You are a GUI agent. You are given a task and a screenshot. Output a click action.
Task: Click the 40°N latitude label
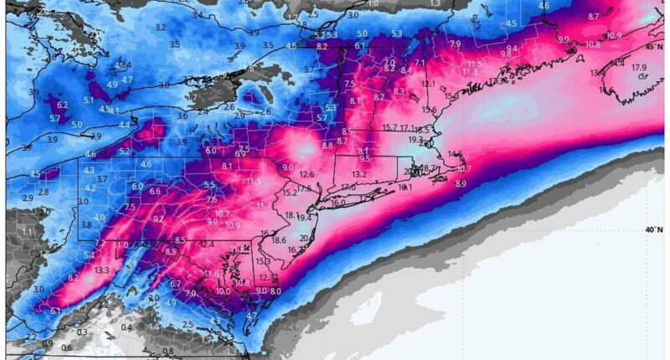point(655,229)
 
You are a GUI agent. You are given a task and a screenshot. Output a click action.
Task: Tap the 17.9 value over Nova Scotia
point(639,68)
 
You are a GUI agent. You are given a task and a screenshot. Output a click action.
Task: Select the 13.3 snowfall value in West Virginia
point(102,270)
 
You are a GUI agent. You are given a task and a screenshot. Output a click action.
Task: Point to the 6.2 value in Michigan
point(62,105)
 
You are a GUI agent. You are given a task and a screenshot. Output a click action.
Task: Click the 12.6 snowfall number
point(307,174)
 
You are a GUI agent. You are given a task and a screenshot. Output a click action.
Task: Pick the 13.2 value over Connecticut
point(359,174)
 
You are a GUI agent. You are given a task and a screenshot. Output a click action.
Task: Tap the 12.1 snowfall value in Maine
point(428,84)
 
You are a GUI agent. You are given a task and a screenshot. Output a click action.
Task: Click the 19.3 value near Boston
point(416,140)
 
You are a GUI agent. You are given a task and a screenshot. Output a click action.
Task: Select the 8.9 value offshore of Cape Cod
point(460,183)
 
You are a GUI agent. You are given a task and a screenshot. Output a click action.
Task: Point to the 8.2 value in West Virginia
point(73,277)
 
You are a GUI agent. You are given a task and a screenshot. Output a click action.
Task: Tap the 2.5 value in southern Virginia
point(188,325)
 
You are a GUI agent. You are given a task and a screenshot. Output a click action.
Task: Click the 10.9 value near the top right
point(614,36)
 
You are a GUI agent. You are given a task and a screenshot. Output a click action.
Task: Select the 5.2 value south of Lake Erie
point(124,152)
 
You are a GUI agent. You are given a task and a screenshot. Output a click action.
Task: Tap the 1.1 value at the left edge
point(27,232)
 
